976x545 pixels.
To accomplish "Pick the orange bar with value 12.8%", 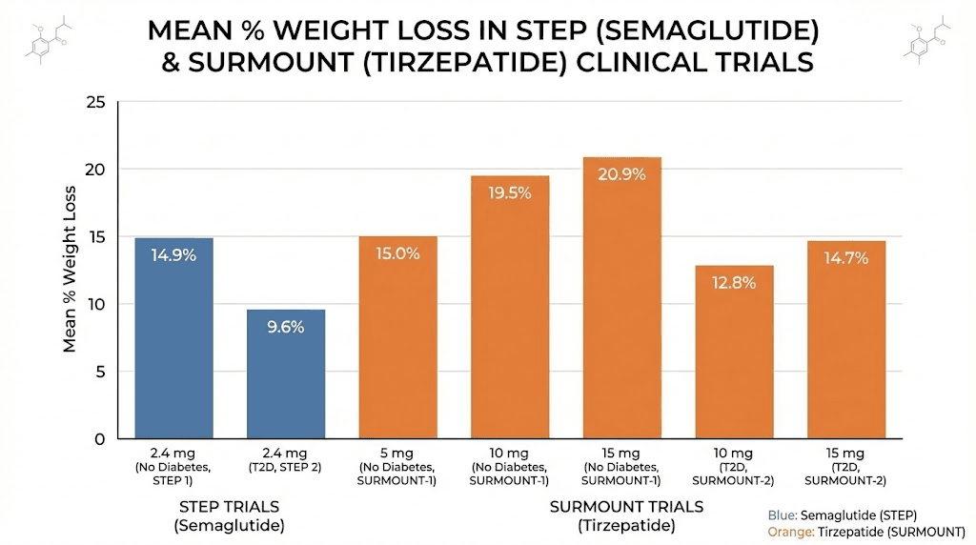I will pyautogui.click(x=734, y=353).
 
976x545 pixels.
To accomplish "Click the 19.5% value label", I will pyautogui.click(x=510, y=191).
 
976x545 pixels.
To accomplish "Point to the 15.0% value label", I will pyautogui.click(x=397, y=253).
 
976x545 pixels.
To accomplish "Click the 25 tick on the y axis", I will pyautogui.click(x=94, y=102).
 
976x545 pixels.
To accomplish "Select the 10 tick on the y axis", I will pyautogui.click(x=94, y=304).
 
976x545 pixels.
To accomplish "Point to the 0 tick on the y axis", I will pyautogui.click(x=99, y=439).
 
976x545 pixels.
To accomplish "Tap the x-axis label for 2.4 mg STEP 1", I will pyautogui.click(x=173, y=466).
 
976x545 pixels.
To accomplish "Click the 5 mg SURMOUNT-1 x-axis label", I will pyautogui.click(x=397, y=466).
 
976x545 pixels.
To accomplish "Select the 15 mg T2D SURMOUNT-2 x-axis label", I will pyautogui.click(x=845, y=466).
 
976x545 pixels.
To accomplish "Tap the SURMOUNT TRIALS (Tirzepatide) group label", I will pyautogui.click(x=625, y=515).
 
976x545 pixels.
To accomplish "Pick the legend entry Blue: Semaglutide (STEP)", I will pyautogui.click(x=835, y=515).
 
